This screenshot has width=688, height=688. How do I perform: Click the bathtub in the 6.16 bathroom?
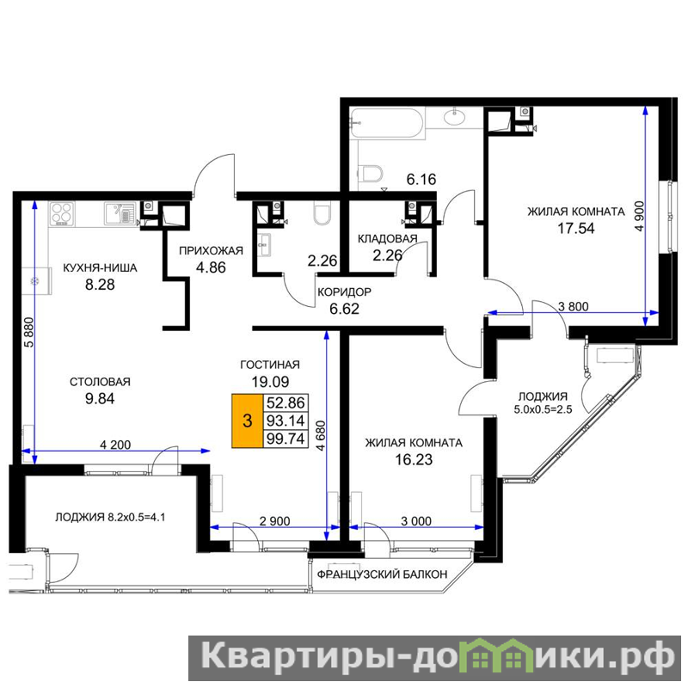[387, 124]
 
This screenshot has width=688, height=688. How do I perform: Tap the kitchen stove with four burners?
[62, 213]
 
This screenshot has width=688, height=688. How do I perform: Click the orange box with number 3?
[248, 421]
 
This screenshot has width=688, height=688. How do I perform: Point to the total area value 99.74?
[286, 439]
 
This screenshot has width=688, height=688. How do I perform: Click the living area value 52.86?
[286, 402]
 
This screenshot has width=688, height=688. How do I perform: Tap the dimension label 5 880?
[29, 332]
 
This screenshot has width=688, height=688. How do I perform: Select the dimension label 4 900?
[640, 216]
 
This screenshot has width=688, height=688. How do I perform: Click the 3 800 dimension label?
[573, 306]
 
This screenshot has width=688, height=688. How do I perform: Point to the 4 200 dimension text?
[115, 445]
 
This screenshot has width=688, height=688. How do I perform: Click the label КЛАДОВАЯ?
[388, 239]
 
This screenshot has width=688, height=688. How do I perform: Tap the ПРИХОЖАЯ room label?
[211, 250]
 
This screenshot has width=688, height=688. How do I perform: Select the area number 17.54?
[575, 228]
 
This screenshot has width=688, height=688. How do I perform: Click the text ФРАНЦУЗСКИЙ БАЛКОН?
[382, 574]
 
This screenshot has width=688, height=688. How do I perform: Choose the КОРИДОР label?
[345, 292]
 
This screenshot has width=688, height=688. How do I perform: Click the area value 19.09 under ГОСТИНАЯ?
[270, 381]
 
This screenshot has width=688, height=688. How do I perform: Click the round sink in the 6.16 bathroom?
[456, 117]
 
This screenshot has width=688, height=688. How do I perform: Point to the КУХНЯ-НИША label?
[100, 267]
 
